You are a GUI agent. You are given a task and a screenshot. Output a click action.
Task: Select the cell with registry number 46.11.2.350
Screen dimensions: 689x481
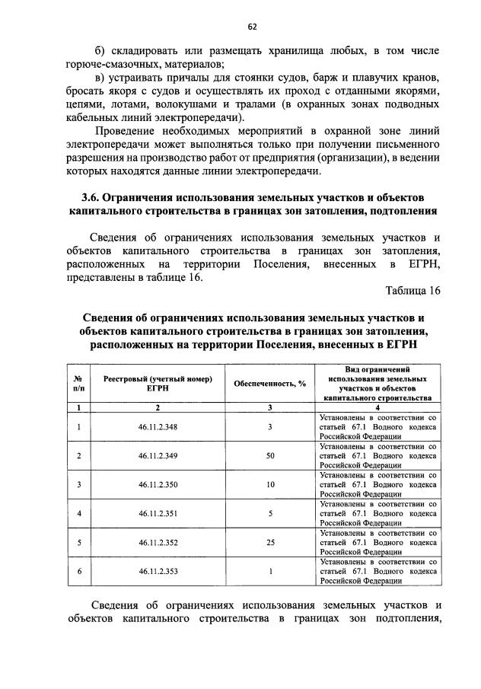[158, 484]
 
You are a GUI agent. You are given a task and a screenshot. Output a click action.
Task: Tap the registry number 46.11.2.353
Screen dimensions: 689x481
[158, 570]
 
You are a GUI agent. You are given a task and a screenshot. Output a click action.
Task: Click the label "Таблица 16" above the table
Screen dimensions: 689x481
[413, 289]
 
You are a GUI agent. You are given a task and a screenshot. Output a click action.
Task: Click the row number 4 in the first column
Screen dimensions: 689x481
[78, 513]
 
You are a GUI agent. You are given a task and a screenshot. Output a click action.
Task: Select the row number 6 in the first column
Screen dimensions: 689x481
[78, 570]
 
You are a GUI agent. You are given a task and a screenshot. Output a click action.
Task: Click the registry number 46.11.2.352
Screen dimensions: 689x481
[158, 542]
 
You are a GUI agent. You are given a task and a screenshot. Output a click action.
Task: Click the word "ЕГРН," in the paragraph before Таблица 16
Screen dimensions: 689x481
[422, 264]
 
